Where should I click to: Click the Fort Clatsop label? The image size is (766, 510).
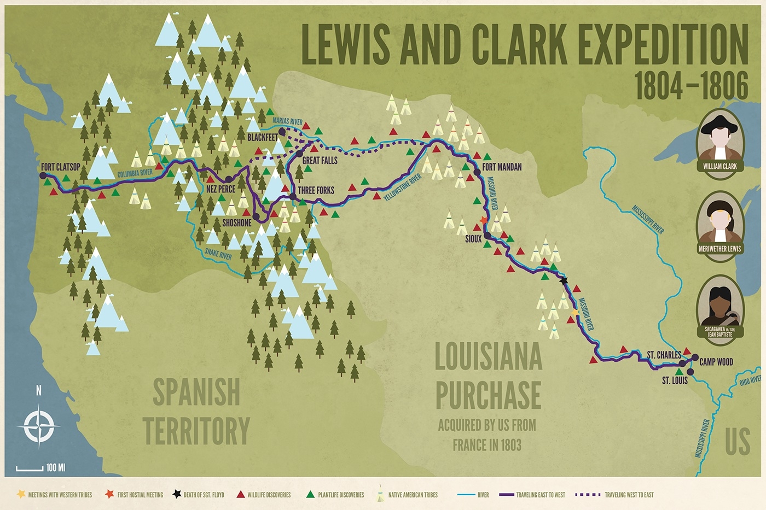(x=60, y=167)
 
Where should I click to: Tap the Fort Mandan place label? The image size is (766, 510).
(x=502, y=167)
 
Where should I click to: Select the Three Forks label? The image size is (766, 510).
(x=316, y=191)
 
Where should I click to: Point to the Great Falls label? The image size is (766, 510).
(x=320, y=160)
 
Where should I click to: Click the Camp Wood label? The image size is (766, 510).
(x=716, y=362)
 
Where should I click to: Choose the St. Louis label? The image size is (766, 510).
(x=675, y=380)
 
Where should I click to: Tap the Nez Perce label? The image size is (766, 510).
(x=220, y=189)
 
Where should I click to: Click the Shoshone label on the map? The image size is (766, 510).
(x=236, y=223)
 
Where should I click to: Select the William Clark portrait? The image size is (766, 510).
(x=719, y=139)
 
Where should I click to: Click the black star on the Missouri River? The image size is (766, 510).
(x=564, y=280)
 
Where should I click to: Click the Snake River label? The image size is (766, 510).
(x=218, y=255)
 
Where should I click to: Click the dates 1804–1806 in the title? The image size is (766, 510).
(x=690, y=86)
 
